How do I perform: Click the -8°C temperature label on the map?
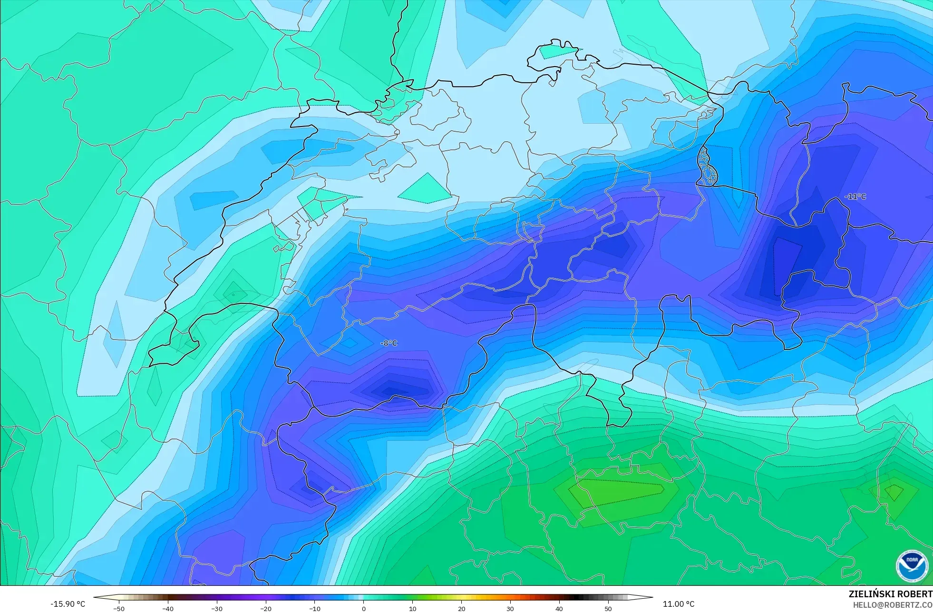click(x=389, y=343)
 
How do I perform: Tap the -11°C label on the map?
click(x=855, y=196)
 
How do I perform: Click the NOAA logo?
click(x=912, y=566)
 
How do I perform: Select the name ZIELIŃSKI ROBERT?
click(x=890, y=594)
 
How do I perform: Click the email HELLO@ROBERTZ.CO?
click(x=892, y=605)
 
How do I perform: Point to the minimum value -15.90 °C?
click(x=68, y=604)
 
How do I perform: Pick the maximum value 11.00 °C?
click(x=679, y=604)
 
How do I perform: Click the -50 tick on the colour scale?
click(x=119, y=608)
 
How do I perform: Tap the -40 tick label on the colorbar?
click(x=168, y=608)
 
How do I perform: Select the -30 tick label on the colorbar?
click(x=217, y=608)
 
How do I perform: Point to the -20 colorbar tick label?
click(x=266, y=608)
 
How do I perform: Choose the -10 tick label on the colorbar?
click(x=315, y=608)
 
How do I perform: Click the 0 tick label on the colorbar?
click(x=364, y=608)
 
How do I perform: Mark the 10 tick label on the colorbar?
click(x=412, y=608)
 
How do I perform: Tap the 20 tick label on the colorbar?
click(x=461, y=608)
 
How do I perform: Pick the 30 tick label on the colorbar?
click(x=510, y=608)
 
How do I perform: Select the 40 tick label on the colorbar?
click(x=559, y=608)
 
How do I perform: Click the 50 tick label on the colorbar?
click(x=608, y=608)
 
